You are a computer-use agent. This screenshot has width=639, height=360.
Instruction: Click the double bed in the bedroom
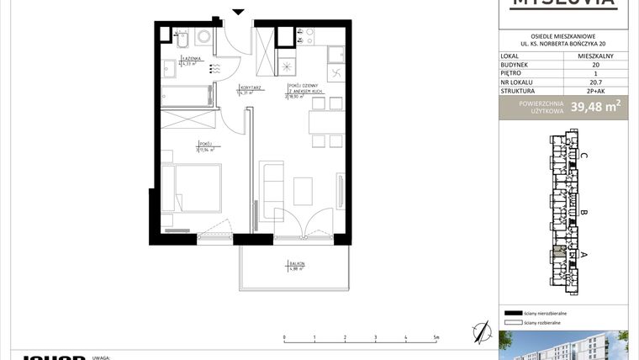(x=193, y=190)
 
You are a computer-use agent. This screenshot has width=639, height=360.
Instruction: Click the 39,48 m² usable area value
(x=596, y=106)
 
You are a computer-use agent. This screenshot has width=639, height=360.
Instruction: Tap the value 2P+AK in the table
(x=595, y=91)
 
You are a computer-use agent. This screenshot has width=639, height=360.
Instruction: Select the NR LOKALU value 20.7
(x=595, y=82)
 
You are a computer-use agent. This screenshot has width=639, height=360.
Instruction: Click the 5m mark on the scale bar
(x=436, y=338)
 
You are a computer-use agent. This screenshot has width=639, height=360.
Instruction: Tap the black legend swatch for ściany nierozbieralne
(x=512, y=312)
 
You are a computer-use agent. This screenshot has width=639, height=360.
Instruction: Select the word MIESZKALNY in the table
(x=595, y=56)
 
